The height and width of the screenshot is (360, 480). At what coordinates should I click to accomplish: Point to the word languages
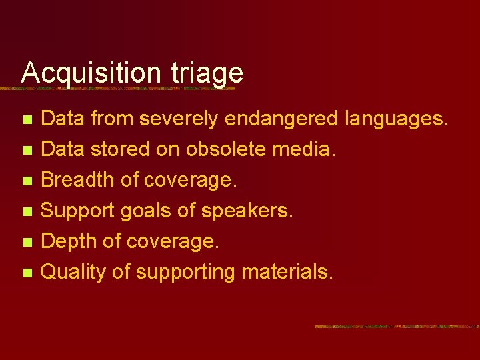[397, 120]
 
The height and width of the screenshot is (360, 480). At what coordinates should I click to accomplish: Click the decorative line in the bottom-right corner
[396, 327]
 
